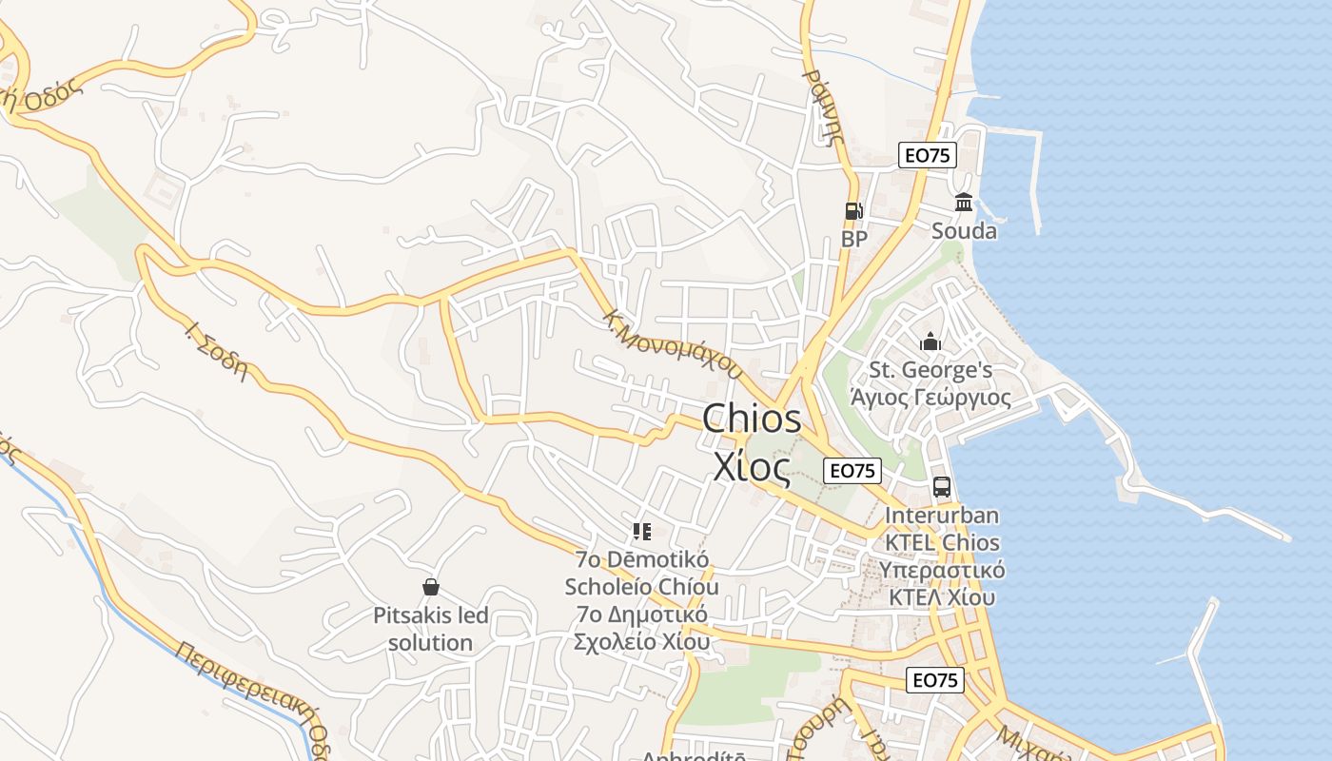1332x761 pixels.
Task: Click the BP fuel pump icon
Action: pyautogui.click(x=853, y=211)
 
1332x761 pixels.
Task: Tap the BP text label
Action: pyautogui.click(x=854, y=239)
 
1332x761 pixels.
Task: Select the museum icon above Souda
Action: pyautogui.click(x=964, y=203)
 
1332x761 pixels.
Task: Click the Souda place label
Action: pyautogui.click(x=964, y=231)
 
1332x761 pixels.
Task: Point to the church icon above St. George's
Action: pyautogui.click(x=930, y=341)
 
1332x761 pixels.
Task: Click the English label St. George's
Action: pyautogui.click(x=931, y=370)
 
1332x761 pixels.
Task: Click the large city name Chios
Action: pyautogui.click(x=752, y=420)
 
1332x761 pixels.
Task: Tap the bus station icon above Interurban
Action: pyautogui.click(x=941, y=487)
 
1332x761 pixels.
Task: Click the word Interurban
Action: pyautogui.click(x=942, y=516)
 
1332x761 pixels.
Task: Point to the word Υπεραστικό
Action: pyautogui.click(x=942, y=571)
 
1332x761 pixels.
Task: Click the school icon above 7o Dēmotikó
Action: pyautogui.click(x=642, y=531)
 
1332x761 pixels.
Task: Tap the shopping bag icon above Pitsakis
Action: pyautogui.click(x=431, y=587)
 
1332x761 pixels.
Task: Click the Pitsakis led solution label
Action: pyautogui.click(x=431, y=629)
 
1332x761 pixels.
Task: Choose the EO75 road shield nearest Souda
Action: pyautogui.click(x=927, y=156)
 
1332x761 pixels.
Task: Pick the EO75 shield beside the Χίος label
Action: pyautogui.click(x=852, y=470)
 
